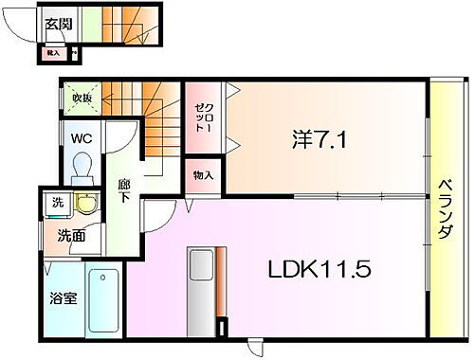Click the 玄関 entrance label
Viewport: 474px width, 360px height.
[58, 26]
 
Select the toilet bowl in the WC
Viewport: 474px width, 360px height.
[80, 168]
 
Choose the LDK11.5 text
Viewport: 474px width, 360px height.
[317, 268]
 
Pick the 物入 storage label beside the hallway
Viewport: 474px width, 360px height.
[202, 176]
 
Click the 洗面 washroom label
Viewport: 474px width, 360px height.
[71, 236]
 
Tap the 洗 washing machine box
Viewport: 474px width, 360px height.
[58, 203]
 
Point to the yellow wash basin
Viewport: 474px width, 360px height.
[87, 205]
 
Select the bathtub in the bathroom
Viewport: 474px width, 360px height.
[102, 300]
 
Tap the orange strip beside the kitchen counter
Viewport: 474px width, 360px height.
[219, 284]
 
